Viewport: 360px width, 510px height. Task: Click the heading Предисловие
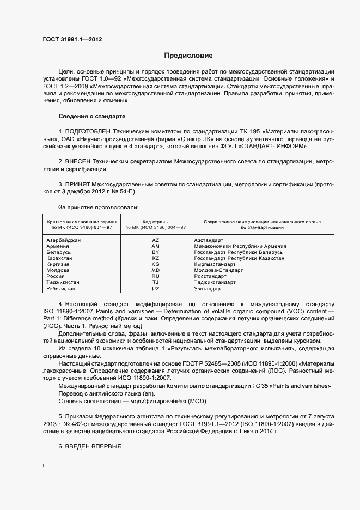click(188, 56)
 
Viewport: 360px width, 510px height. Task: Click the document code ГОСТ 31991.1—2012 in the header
click(73, 40)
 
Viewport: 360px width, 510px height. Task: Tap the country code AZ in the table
click(156, 240)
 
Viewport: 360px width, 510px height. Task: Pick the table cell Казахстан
click(61, 258)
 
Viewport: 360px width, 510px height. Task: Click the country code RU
click(156, 276)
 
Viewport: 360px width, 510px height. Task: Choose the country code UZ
click(156, 288)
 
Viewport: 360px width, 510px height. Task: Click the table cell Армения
click(58, 246)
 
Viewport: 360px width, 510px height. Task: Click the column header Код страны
click(156, 222)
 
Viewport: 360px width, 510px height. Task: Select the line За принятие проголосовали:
click(98, 207)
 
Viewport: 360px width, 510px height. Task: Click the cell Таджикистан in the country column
click(63, 282)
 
